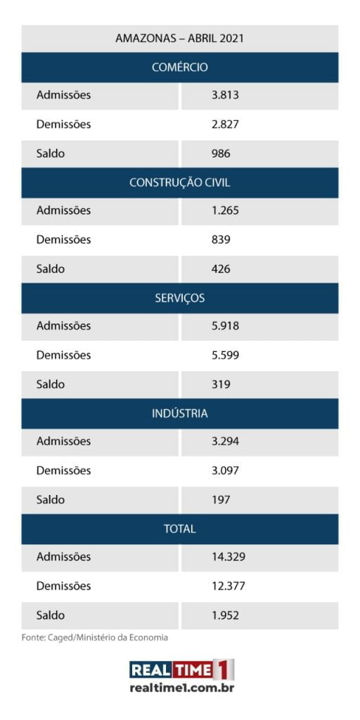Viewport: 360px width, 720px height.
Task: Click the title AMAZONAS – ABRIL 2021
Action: (179, 38)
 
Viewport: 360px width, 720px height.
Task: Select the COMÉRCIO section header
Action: (179, 67)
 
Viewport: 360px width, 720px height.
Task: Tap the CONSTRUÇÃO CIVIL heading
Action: (179, 182)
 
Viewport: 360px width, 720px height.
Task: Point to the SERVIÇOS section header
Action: (179, 297)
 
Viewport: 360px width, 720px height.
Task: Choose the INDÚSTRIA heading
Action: (179, 413)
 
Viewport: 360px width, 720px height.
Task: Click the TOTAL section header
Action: (179, 529)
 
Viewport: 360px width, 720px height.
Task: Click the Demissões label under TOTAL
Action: (63, 586)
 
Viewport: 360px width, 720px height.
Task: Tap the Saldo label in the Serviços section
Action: (50, 384)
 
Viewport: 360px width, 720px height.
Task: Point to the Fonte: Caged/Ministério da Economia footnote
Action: (95, 638)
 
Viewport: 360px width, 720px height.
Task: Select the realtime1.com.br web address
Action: (182, 688)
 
